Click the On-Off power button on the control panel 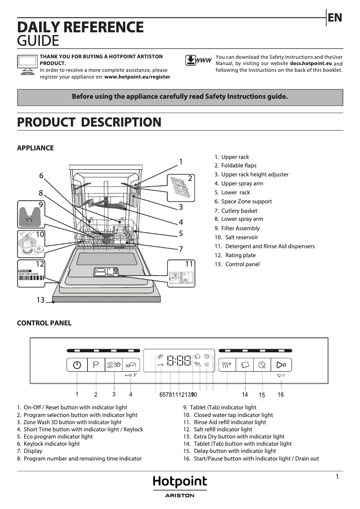pyautogui.click(x=77, y=365)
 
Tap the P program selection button pyautogui.click(x=96, y=365)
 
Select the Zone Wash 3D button pyautogui.click(x=114, y=365)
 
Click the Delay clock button pyautogui.click(x=262, y=365)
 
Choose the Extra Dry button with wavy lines pyautogui.click(x=227, y=365)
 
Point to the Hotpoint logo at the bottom pyautogui.click(x=180, y=482)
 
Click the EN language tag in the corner pyautogui.click(x=335, y=18)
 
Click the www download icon pyautogui.click(x=198, y=61)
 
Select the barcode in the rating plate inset pyautogui.click(x=31, y=278)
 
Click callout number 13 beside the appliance pyautogui.click(x=41, y=300)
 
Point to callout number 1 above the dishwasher pyautogui.click(x=180, y=162)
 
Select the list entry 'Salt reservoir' pyautogui.click(x=241, y=237)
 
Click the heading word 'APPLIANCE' pyautogui.click(x=35, y=148)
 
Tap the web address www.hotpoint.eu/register pyautogui.click(x=137, y=77)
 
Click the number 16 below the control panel pyautogui.click(x=281, y=395)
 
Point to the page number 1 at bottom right pyautogui.click(x=337, y=477)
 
